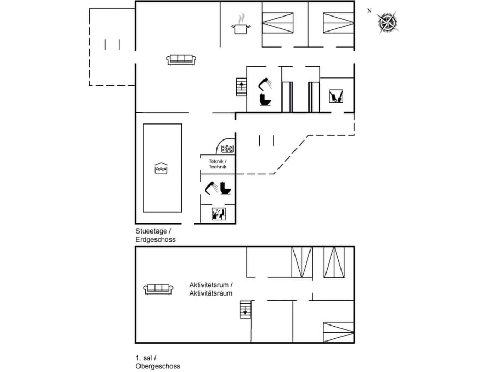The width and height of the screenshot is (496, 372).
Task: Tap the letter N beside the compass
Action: (x=369, y=11)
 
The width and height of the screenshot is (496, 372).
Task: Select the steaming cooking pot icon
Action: (x=240, y=25)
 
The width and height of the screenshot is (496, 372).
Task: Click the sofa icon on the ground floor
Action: (x=181, y=59)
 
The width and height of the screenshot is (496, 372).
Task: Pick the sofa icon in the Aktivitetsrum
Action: (x=158, y=289)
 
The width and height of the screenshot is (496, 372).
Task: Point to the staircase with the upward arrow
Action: (x=241, y=86)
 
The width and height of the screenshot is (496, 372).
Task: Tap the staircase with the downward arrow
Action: (x=244, y=309)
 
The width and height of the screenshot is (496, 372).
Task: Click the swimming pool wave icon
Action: (x=162, y=168)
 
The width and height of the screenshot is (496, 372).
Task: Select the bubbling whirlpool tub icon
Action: (x=227, y=149)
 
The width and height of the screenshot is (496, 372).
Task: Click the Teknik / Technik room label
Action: (x=218, y=164)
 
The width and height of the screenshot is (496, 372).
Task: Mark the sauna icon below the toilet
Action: (x=219, y=214)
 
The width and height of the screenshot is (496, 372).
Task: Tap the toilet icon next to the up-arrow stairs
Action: (x=265, y=99)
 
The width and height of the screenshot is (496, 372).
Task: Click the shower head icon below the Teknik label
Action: (x=211, y=187)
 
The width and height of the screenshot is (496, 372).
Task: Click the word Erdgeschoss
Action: (x=156, y=240)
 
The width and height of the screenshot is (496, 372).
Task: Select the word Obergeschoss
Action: (x=158, y=366)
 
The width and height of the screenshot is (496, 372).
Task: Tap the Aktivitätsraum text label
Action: (x=211, y=293)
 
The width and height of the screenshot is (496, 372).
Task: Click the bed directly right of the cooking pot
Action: (x=278, y=23)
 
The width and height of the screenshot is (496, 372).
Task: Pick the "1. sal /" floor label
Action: (x=146, y=358)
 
